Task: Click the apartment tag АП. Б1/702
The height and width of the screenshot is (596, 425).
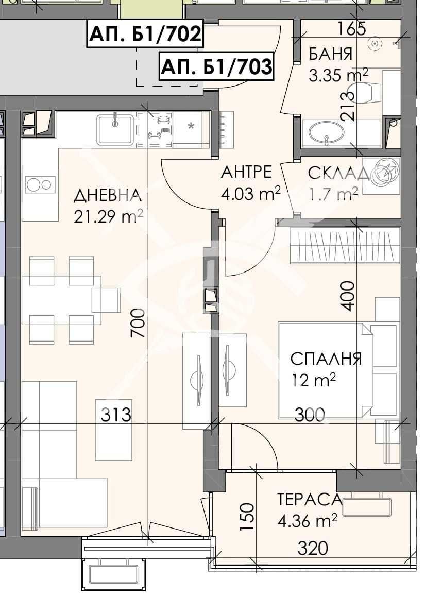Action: click(x=145, y=34)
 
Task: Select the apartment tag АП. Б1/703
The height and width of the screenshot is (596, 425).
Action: click(x=216, y=66)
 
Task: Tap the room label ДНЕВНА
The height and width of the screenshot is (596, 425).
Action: click(x=107, y=195)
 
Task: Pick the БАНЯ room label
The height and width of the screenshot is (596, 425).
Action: click(x=331, y=54)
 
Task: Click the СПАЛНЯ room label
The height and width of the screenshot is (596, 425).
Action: click(x=326, y=359)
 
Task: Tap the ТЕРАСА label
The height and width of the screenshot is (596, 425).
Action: click(x=310, y=499)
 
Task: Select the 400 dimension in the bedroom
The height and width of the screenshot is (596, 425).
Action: click(x=349, y=296)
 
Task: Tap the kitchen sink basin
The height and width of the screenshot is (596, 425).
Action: click(x=115, y=129)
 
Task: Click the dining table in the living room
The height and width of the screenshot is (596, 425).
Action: click(x=61, y=300)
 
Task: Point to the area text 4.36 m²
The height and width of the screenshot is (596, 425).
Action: click(x=308, y=521)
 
